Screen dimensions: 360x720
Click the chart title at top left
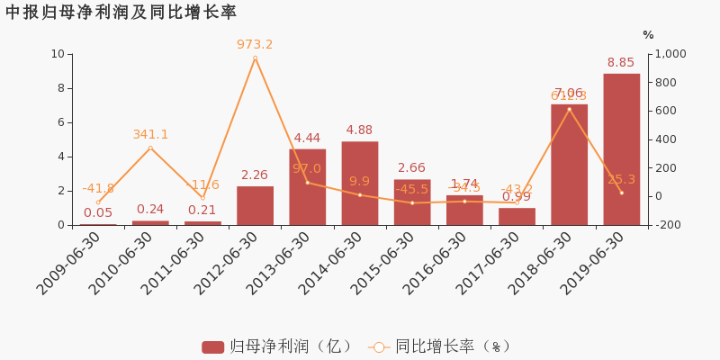pyautogui.click(x=121, y=13)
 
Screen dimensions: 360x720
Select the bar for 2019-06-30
pyautogui.click(x=621, y=149)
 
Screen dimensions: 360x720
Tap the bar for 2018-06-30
pyautogui.click(x=569, y=165)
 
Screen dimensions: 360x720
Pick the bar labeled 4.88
pyautogui.click(x=360, y=184)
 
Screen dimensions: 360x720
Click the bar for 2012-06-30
pyautogui.click(x=255, y=206)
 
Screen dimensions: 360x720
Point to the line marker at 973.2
pyautogui.click(x=255, y=58)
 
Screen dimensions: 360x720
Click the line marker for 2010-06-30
pyautogui.click(x=150, y=148)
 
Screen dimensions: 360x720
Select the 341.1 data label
pyautogui.click(x=150, y=134)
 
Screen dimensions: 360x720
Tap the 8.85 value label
pyautogui.click(x=621, y=62)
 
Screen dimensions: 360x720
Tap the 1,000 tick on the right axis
pyautogui.click(x=669, y=54)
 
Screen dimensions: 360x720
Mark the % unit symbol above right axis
pyautogui.click(x=648, y=35)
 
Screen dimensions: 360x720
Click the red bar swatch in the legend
pyautogui.click(x=212, y=346)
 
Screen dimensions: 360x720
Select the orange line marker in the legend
pyautogui.click(x=378, y=346)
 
